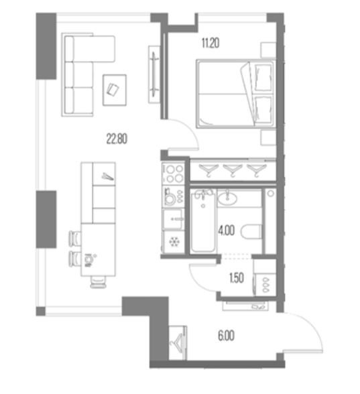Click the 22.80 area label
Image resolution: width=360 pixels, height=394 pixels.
tap(117, 139)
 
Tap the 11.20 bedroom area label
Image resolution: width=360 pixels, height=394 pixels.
tap(211, 43)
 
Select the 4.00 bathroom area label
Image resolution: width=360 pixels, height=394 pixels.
tap(227, 231)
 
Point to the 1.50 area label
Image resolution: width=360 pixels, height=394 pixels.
tap(237, 278)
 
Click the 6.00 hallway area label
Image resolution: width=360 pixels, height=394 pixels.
tap(227, 336)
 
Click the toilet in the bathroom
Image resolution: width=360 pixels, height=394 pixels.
tap(251, 231)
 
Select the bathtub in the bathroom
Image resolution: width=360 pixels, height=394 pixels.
tap(203, 221)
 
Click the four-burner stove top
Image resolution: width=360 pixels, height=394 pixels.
tap(173, 174)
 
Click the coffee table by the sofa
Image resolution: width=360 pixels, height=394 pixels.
tap(115, 90)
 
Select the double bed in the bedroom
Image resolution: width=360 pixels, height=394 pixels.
tap(236, 94)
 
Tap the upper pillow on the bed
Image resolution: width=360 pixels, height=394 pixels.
tap(263, 78)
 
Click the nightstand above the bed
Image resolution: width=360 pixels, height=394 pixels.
tap(268, 50)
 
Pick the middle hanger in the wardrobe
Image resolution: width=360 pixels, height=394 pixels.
tap(233, 170)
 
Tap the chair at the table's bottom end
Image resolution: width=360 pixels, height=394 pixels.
tap(99, 282)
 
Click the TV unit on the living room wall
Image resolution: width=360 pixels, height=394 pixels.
tap(154, 74)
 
